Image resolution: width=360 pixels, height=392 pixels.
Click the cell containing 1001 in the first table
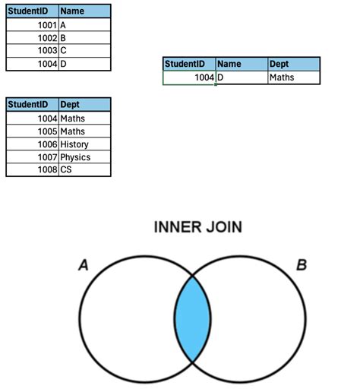tap(33, 25)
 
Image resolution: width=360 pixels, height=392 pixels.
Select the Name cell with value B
tap(84, 37)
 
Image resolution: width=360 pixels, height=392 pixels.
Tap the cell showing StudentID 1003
tap(33, 50)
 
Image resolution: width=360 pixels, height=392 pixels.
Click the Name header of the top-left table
tap(84, 11)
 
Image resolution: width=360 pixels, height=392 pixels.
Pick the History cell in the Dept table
tap(84, 144)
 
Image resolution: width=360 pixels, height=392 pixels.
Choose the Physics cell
tap(84, 157)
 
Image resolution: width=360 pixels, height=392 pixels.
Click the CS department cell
tap(84, 170)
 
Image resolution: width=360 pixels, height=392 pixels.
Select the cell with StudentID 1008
tap(33, 170)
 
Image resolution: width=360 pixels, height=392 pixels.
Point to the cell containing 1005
tap(33, 131)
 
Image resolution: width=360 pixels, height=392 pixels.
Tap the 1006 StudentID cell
tap(33, 144)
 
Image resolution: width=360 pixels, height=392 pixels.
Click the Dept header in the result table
tap(293, 65)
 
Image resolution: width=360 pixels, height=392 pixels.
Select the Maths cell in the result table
tap(293, 77)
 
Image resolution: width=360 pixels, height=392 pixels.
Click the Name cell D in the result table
tap(242, 77)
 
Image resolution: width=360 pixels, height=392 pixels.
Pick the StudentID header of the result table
tap(189, 65)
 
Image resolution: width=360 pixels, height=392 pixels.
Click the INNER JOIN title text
tap(198, 227)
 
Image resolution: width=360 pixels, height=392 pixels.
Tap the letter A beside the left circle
tap(84, 265)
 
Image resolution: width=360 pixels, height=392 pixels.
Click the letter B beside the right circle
tap(302, 265)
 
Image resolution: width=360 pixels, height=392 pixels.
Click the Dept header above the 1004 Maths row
tap(84, 105)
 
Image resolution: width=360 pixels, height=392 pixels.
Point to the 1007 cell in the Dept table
tap(33, 157)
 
